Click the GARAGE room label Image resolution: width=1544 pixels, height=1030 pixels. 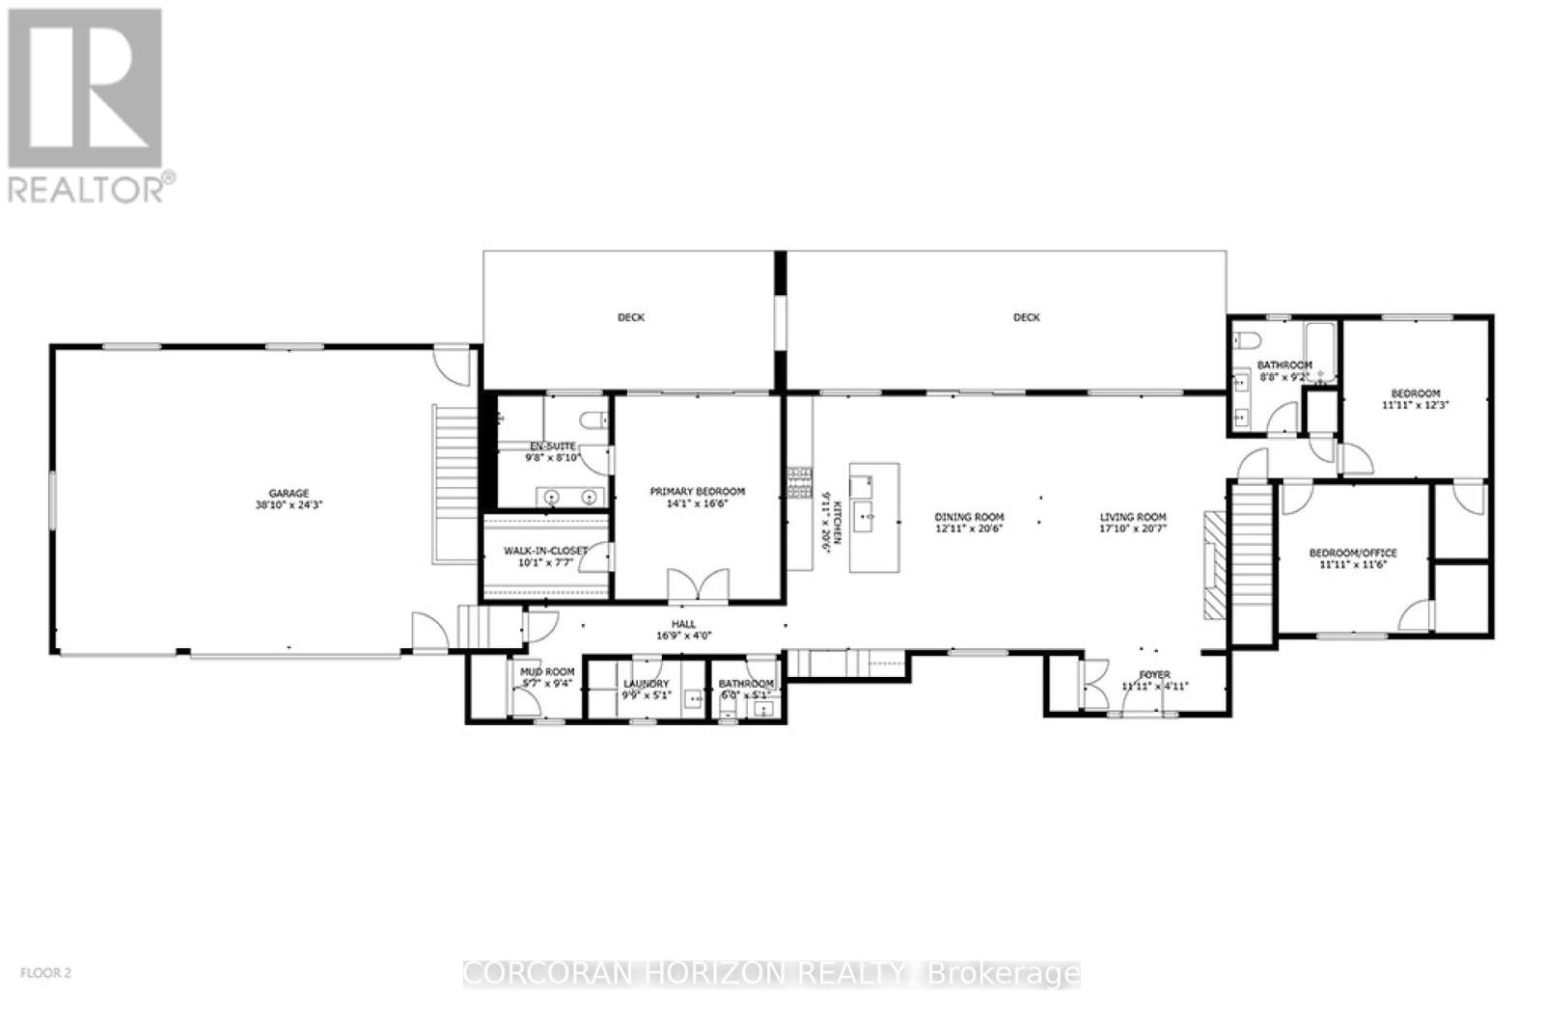pyautogui.click(x=289, y=493)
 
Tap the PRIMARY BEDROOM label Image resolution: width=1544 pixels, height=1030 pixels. pyautogui.click(x=697, y=491)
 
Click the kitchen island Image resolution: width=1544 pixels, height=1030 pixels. pyautogui.click(x=874, y=517)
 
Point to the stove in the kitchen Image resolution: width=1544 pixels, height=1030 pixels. pyautogui.click(x=800, y=483)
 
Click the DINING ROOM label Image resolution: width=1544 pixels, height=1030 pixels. pyautogui.click(x=969, y=517)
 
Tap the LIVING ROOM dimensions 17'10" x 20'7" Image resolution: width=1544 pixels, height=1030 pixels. pyautogui.click(x=1133, y=529)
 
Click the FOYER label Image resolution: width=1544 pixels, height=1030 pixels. pyautogui.click(x=1154, y=674)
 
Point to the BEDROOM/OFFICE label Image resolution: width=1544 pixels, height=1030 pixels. pyautogui.click(x=1352, y=553)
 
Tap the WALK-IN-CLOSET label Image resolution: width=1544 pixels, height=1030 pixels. pyautogui.click(x=545, y=551)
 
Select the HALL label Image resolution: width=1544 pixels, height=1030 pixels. pyautogui.click(x=683, y=624)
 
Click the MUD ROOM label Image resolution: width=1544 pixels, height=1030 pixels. pyautogui.click(x=547, y=671)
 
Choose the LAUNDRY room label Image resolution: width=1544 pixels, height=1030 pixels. pyautogui.click(x=646, y=683)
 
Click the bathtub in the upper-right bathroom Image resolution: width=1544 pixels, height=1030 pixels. pyautogui.click(x=1319, y=351)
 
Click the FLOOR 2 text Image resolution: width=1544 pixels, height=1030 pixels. pyautogui.click(x=46, y=973)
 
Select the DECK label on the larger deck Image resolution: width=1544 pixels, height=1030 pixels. pyautogui.click(x=1027, y=317)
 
